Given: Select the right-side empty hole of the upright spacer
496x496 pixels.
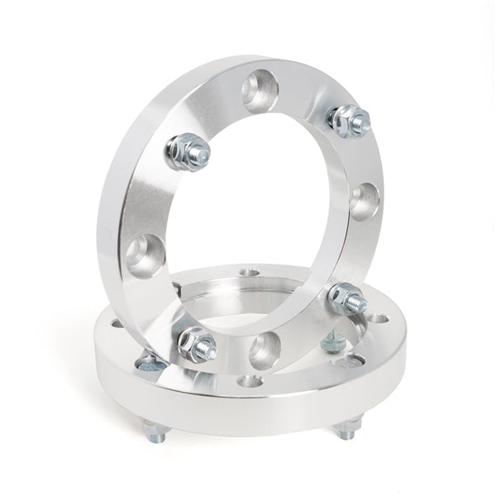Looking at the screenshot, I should (x=363, y=200).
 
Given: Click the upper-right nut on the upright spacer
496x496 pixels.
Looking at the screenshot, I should (x=349, y=121).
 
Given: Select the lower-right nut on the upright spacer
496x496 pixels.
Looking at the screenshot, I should (x=346, y=298).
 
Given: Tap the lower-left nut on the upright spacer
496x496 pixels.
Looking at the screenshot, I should (x=197, y=344).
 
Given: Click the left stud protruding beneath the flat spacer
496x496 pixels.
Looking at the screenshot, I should (x=154, y=432).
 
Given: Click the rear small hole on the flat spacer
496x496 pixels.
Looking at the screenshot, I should (x=247, y=271).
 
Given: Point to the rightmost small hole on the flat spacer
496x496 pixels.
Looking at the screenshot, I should (x=378, y=318).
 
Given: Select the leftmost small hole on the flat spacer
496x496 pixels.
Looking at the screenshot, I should (x=116, y=323).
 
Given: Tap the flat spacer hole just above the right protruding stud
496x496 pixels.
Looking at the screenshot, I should (x=353, y=361).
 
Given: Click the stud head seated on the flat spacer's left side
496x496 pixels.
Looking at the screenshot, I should (x=150, y=363).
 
